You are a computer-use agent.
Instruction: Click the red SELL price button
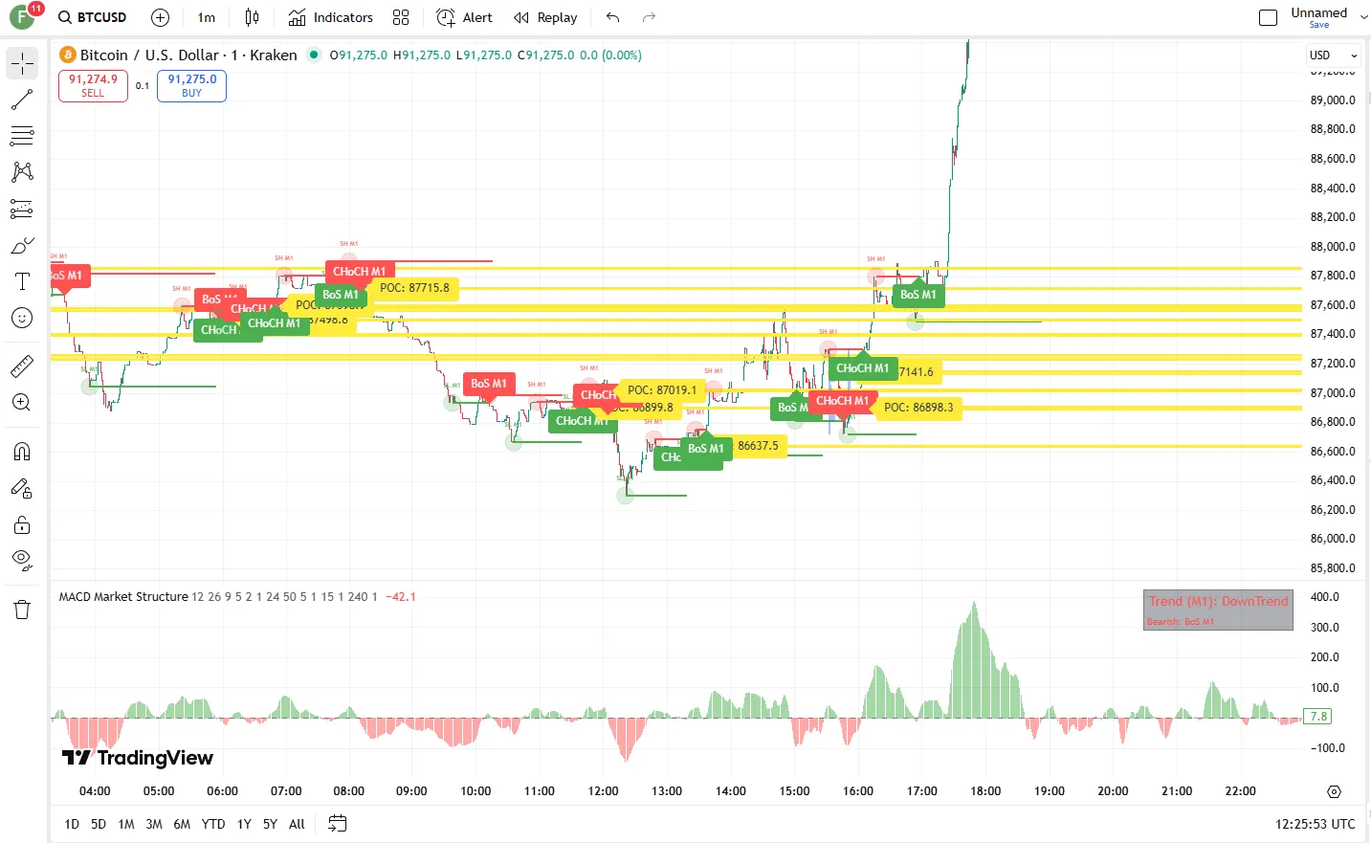tap(93, 86)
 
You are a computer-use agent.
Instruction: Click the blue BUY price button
tap(191, 86)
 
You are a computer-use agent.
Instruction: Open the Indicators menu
tap(331, 17)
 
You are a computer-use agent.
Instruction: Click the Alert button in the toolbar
tap(465, 17)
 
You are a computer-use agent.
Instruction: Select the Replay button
tap(545, 17)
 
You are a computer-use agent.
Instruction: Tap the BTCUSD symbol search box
tap(93, 17)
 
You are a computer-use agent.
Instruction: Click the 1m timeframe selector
tap(206, 17)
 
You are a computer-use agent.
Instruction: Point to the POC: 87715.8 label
tap(414, 288)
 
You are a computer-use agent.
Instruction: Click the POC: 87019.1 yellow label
tap(662, 390)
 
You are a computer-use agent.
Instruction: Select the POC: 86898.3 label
tap(918, 408)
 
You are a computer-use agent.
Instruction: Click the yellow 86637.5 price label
tap(758, 446)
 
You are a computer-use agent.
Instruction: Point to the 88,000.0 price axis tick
tap(1332, 247)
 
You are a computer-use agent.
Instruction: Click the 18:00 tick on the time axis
tap(985, 791)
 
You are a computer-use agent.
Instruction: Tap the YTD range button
tap(213, 824)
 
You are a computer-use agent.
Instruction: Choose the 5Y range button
tap(270, 824)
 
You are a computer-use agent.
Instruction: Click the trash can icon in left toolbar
tap(22, 610)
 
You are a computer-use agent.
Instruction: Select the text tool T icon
tap(22, 281)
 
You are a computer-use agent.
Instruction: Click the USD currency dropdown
tap(1333, 55)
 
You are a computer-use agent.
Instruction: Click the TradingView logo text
tap(138, 758)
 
